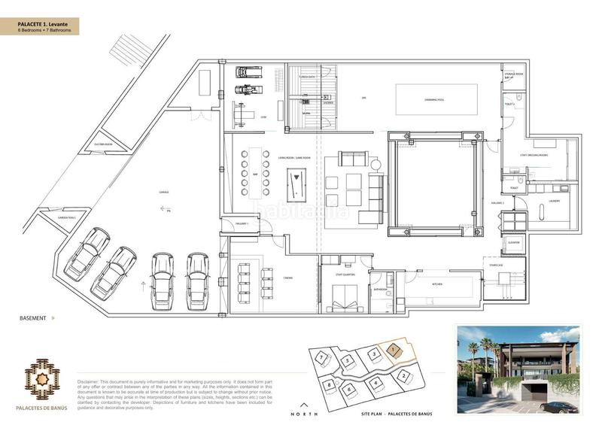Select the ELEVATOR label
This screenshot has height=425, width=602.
(x=514, y=243)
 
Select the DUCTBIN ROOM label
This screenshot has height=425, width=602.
(x=103, y=143)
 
